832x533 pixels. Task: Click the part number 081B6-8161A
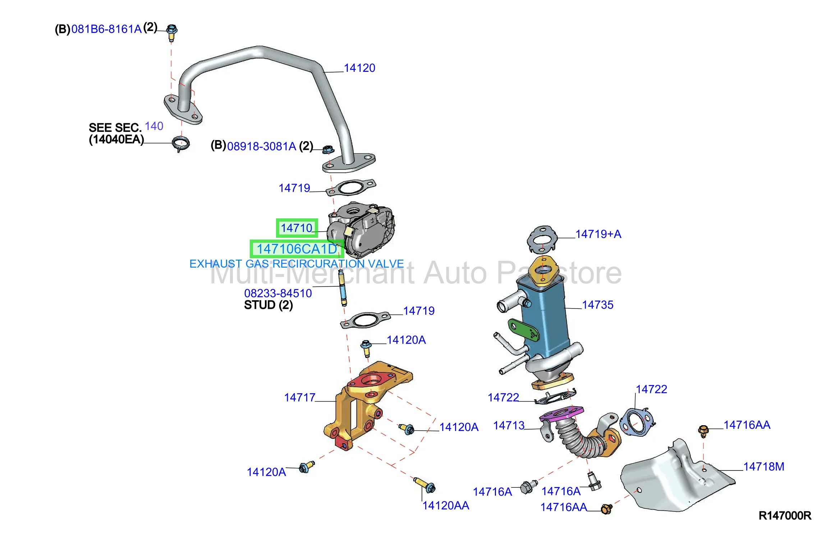point(106,29)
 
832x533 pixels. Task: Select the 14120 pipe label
point(359,68)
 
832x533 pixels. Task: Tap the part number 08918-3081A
point(262,146)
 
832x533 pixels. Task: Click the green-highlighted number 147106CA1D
point(297,249)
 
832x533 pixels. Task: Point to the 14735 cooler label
point(597,305)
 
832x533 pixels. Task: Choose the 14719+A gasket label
point(598,234)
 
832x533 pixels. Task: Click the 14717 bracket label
point(300,397)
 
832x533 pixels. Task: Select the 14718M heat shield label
point(763,466)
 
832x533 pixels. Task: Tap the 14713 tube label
point(509,425)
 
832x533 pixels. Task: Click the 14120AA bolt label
point(446,505)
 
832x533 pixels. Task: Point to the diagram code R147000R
point(785,515)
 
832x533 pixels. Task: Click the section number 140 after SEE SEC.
point(154,126)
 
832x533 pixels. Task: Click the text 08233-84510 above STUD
point(278,293)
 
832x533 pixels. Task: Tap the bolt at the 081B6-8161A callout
point(172,32)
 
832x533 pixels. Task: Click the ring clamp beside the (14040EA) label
point(180,144)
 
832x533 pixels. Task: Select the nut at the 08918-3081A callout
point(327,149)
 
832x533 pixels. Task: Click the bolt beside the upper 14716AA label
point(703,431)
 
